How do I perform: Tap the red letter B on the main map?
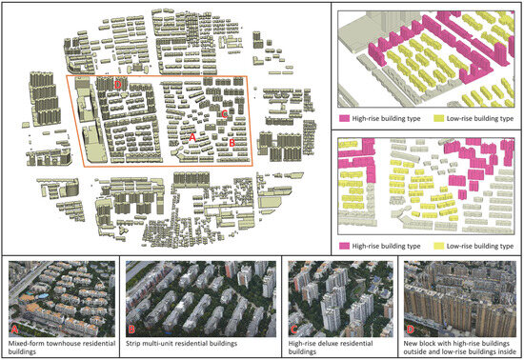click(x=233, y=143)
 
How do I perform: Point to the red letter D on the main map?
click(x=117, y=85)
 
